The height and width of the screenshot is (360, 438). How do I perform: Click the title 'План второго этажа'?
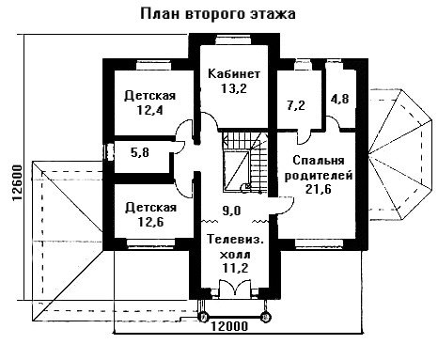coord(218,14)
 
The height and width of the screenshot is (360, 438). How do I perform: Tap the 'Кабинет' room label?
coord(234,74)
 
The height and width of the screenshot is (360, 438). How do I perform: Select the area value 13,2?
coord(234,88)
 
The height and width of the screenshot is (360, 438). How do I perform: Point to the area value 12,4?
coord(150,110)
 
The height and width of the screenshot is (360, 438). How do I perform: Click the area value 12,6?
coord(150,222)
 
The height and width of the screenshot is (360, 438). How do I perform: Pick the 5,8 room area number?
coord(140,152)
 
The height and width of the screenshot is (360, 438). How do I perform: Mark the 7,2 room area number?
coord(296,105)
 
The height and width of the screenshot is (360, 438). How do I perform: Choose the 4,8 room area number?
coord(339,99)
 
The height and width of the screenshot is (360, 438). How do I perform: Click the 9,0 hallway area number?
coord(231,211)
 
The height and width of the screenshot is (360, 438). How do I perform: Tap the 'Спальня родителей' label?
coord(319,168)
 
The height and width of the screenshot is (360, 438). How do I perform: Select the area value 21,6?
coord(319,189)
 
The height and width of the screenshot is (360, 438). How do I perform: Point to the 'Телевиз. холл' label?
coord(235,247)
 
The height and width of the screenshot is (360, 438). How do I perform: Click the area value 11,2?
coord(235,268)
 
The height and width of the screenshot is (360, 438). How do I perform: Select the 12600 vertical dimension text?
coord(18,183)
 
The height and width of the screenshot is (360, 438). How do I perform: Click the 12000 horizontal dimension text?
coord(229,326)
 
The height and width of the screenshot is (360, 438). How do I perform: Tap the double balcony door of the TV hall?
coord(235,289)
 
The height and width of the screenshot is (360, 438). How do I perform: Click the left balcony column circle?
coord(204,317)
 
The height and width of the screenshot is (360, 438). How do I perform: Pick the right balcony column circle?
coord(266,317)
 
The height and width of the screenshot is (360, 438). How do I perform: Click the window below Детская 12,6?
coord(150,244)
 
